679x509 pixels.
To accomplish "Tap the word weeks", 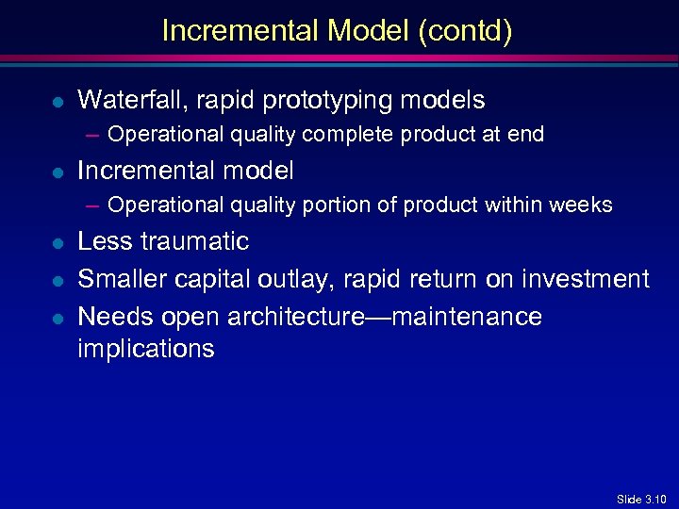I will pyautogui.click(x=584, y=205).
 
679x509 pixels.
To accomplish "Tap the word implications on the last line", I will pyautogui.click(x=146, y=349).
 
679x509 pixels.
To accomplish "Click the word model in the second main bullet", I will pyautogui.click(x=265, y=171).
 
